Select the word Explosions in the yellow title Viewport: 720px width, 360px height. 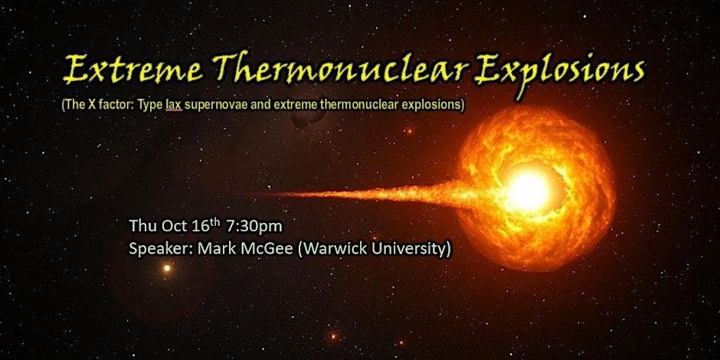click(x=561, y=70)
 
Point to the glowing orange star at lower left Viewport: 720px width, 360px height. click(x=167, y=268)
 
